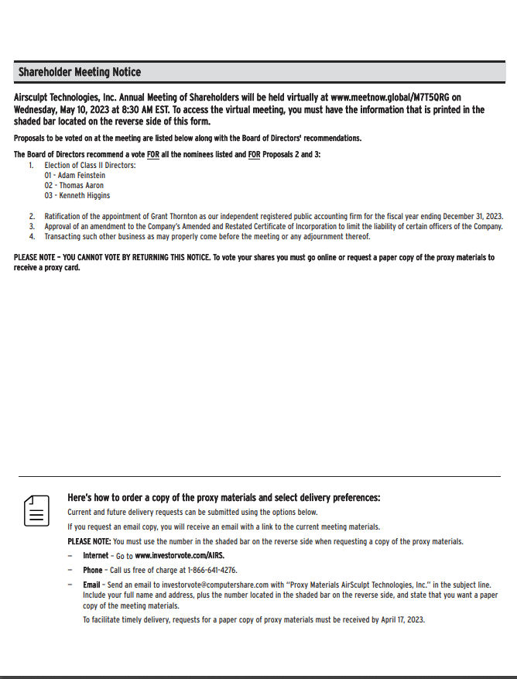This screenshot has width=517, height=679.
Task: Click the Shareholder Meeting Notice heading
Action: tap(80, 73)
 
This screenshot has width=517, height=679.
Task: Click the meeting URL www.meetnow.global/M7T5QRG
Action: tap(390, 98)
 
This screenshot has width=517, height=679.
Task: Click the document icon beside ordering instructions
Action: tap(36, 511)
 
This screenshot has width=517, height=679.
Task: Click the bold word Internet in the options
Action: tap(96, 556)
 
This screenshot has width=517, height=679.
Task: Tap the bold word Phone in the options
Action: tap(93, 570)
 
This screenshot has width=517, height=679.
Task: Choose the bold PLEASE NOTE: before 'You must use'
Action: tap(89, 541)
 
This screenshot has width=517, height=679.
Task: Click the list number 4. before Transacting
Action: tap(32, 237)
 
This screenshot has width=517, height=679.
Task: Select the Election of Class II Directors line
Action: tap(90, 166)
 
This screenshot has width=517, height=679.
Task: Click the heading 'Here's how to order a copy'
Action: tap(224, 498)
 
